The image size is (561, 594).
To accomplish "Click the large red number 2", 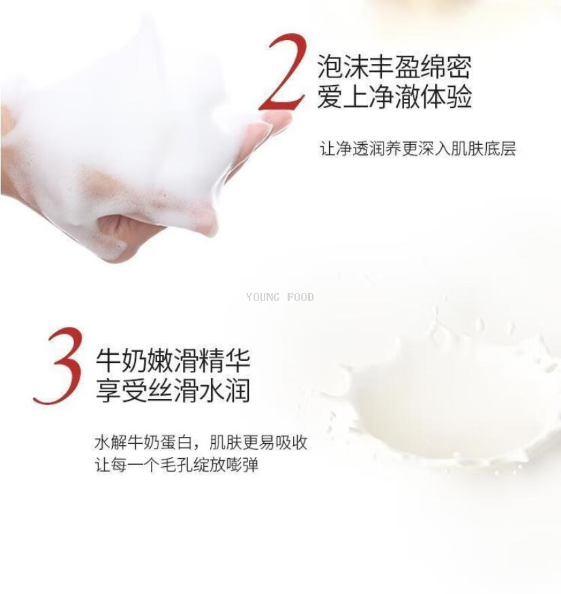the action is click(x=282, y=72).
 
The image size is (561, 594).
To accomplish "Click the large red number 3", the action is click(x=60, y=366).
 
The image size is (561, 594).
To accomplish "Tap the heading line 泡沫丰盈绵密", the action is click(x=394, y=67).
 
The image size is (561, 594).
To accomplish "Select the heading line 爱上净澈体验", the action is click(x=394, y=97).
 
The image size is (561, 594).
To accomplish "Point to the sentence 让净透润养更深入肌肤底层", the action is click(x=418, y=148).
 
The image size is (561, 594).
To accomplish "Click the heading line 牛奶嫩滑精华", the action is click(x=173, y=361).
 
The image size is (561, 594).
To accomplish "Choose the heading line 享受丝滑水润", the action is click(x=173, y=391).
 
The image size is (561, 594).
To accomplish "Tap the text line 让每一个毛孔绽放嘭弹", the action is click(x=177, y=465).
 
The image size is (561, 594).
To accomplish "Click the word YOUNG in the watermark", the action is click(x=263, y=297).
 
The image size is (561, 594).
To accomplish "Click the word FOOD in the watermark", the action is click(x=300, y=297).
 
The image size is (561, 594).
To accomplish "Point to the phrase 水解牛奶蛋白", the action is click(x=143, y=442).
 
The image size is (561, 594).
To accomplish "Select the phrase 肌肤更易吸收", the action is click(x=258, y=442).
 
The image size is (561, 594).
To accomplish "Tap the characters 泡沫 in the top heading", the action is click(x=343, y=67).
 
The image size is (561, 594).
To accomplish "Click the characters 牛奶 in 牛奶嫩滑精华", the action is click(x=121, y=361).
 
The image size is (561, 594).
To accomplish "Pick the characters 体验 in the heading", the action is click(x=446, y=97).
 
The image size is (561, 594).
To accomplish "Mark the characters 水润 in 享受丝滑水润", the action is click(x=225, y=391).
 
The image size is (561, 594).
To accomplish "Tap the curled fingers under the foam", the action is click(x=125, y=235).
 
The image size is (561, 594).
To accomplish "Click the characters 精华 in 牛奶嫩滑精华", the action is click(x=225, y=361).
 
